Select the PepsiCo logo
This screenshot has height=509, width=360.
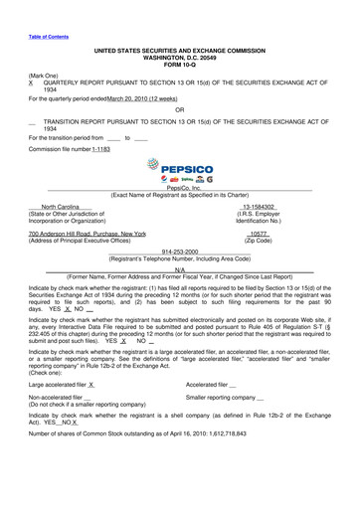[x=179, y=171]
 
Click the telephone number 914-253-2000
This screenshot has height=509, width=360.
[x=179, y=252]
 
